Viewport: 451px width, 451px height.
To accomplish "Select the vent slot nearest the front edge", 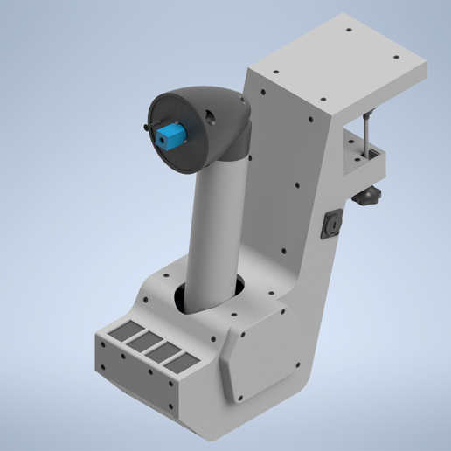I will pos(178,360).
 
